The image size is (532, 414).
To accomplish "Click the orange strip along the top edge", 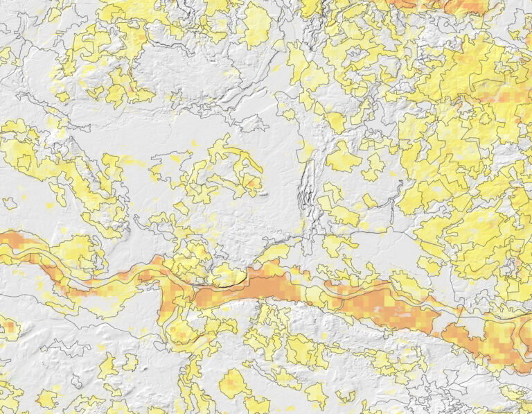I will [443, 6].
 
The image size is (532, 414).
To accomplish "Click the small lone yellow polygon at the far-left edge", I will [10, 203].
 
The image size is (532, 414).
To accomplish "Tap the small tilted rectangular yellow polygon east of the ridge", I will [370, 201].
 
